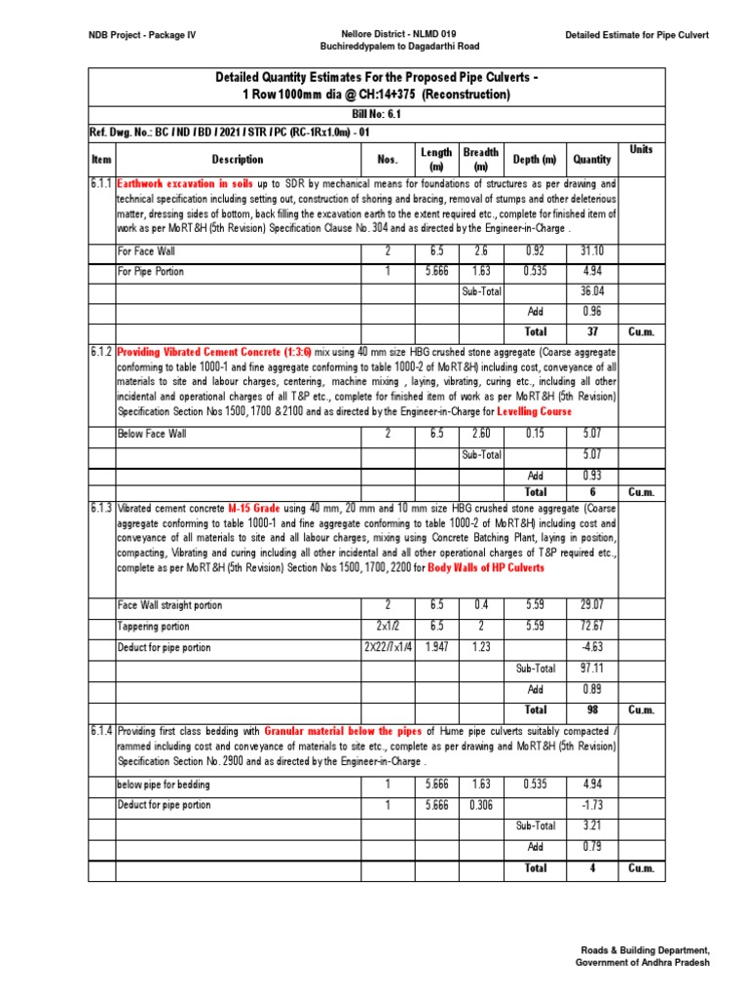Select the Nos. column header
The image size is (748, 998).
[388, 159]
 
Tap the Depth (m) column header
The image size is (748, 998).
[535, 159]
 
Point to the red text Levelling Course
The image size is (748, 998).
[535, 412]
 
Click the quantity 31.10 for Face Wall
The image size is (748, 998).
[591, 251]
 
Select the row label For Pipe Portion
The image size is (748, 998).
[150, 271]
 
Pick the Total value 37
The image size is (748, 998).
[591, 331]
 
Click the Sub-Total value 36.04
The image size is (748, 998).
[591, 291]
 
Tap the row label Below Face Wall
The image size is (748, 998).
[152, 434]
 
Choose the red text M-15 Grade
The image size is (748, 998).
[253, 508]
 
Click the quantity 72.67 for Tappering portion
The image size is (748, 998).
[591, 627]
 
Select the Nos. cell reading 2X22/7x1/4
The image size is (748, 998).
[388, 647]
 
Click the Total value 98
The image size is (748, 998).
[591, 710]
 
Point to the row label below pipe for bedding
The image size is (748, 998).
[163, 785]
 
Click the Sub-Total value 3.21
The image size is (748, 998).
[591, 825]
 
